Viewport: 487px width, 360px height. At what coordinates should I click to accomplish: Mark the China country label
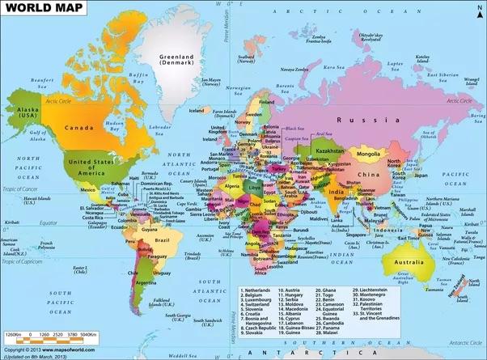[370, 175]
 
